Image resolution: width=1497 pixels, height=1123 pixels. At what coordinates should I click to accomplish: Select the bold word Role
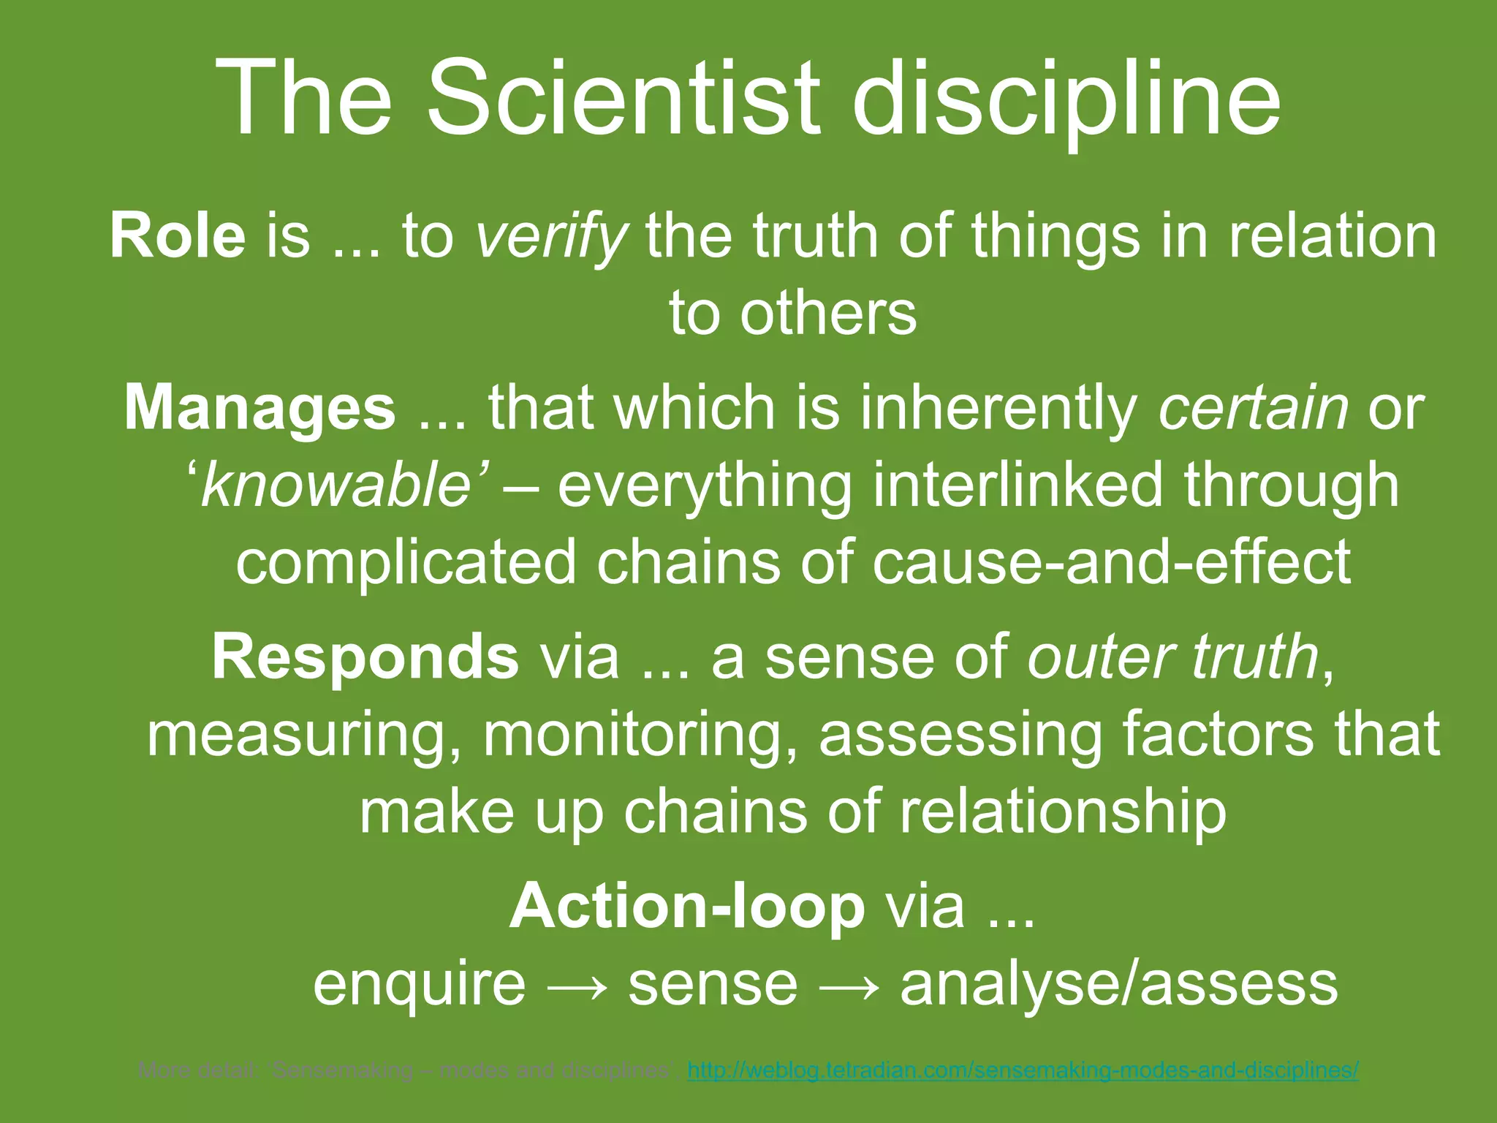[178, 236]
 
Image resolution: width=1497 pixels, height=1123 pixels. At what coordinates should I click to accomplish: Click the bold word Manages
[259, 407]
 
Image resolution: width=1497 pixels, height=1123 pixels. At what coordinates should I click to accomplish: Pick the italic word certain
[1253, 407]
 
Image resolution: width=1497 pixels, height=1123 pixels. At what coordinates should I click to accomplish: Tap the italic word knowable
[336, 485]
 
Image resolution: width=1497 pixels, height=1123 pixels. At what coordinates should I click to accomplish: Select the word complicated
[406, 562]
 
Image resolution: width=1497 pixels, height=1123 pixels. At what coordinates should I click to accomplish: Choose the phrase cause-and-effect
[1111, 562]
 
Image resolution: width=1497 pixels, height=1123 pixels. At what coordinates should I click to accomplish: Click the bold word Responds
[365, 656]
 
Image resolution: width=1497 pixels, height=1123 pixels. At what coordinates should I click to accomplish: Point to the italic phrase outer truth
[1173, 656]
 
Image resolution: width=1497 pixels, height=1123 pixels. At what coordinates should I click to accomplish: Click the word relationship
[1063, 811]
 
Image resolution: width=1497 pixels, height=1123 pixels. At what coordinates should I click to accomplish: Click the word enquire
[419, 984]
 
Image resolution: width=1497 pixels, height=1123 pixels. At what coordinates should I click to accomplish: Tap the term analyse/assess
[1118, 984]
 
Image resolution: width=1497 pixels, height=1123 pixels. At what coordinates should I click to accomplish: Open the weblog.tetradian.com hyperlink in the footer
[1023, 1071]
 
